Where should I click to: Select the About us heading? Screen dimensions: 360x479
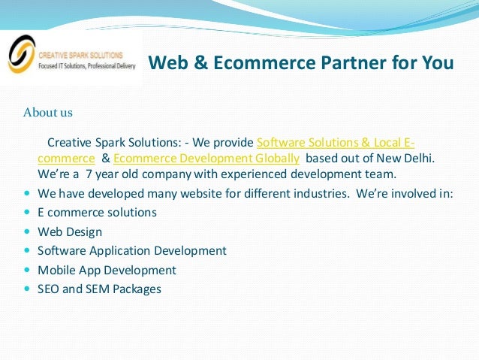point(48,113)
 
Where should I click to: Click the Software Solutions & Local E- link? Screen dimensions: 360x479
point(336,143)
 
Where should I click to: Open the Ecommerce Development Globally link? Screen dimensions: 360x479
point(206,159)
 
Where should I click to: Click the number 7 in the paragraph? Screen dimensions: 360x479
point(89,174)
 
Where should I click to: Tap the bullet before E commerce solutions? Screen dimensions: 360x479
point(28,213)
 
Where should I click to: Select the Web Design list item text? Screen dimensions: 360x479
point(70,231)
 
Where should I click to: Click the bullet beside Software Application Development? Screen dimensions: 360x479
point(28,251)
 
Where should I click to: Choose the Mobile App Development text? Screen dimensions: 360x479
point(107,270)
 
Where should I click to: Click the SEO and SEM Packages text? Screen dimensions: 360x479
point(99,289)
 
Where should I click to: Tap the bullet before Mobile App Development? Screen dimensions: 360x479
point(28,270)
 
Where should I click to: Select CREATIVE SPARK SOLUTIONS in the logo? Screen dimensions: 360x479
point(77,54)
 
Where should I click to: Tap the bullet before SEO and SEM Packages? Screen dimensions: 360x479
point(28,289)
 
